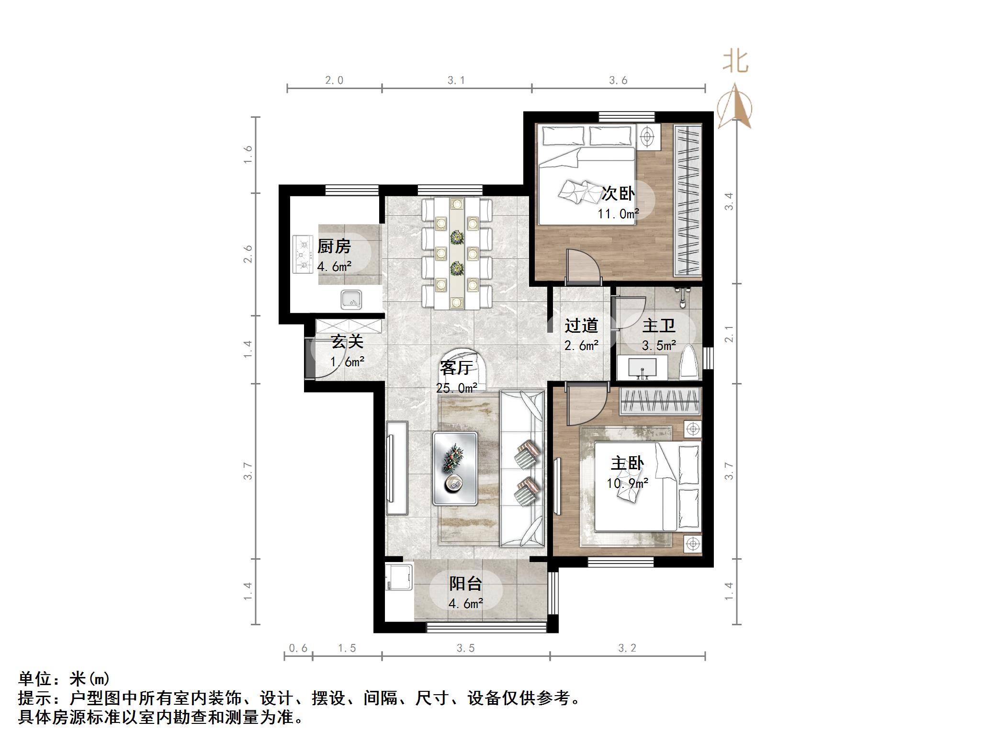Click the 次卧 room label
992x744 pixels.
pos(618,193)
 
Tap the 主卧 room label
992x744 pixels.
pos(627,463)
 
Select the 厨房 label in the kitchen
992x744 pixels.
pos(334,246)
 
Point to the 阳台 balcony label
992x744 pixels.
pos(465,584)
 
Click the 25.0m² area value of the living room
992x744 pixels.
pos(456,388)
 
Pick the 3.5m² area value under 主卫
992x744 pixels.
pos(659,345)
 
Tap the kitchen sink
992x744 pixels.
pos(351,300)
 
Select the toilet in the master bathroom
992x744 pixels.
pos(689,363)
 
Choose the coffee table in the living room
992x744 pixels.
pos(455,469)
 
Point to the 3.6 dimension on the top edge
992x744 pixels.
pos(618,80)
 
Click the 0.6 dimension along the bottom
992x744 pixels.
pos(298,648)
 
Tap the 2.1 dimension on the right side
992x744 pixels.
pos(729,334)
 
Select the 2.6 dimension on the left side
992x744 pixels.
pos(248,254)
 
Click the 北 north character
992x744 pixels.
pos(735,62)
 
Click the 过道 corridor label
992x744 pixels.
pos(581,326)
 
